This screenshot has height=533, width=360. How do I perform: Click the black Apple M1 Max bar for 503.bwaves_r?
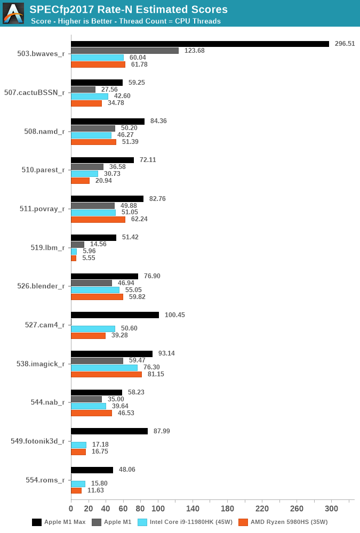200,44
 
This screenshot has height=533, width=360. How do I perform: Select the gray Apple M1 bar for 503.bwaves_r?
125,51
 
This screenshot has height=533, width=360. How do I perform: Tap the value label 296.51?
345,44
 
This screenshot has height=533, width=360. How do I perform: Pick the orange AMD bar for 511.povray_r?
98,219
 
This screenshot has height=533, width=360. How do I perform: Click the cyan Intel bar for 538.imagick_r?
104,367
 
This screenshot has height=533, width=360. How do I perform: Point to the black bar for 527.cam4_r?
115,315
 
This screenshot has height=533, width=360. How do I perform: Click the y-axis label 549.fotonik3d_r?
38,441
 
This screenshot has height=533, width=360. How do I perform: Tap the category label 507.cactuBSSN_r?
35,93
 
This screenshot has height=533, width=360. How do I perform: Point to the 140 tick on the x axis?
193,508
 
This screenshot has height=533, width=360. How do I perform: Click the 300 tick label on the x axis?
331,508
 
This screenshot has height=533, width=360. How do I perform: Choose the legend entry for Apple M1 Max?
59,522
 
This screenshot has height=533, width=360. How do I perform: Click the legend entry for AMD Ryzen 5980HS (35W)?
283,522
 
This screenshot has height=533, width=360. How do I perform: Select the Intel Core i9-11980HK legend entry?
185,522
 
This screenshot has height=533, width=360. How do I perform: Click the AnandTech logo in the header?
13,13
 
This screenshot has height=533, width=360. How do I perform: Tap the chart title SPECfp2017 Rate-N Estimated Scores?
129,9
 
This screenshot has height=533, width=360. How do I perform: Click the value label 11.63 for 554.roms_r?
96,490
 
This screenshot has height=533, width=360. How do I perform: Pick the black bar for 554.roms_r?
92,470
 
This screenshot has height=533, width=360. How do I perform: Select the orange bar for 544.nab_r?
91,413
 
